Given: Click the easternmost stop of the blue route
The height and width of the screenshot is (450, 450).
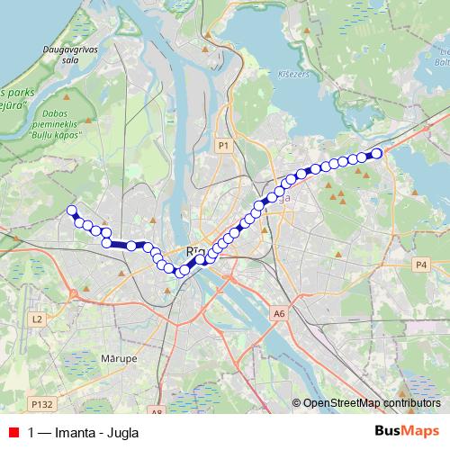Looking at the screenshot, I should tap(377, 153).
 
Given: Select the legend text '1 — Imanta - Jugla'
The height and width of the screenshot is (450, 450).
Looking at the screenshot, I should tap(84, 432).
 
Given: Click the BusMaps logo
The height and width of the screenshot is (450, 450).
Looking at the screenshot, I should tap(407, 431).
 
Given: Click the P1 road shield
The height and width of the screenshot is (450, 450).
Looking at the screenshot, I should tap(224, 144).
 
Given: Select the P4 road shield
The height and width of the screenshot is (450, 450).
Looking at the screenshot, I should tap(422, 264).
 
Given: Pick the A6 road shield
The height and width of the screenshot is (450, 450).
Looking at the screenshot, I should tap(279, 313).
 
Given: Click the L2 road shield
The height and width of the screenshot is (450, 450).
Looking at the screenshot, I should tap(37, 319).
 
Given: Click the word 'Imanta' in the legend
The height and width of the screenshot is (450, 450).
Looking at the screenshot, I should tap(75, 432).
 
